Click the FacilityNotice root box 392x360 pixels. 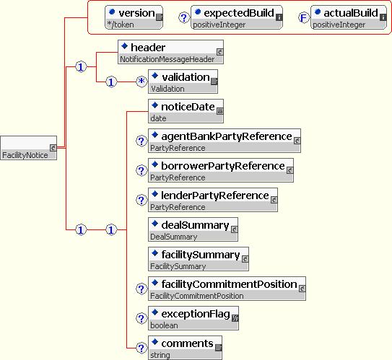pos(28,148)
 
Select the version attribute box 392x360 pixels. pos(134,17)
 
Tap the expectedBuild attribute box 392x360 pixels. pos(237,17)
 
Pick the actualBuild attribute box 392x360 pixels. pos(349,17)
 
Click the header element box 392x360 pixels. pos(170,52)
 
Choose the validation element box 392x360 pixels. pos(183,82)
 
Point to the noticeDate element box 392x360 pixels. pos(186,111)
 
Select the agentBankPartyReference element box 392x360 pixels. pos(225,141)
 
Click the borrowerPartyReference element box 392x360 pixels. pos(221,170)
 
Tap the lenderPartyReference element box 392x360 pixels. pos(213,200)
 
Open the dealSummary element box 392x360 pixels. pos(193,229)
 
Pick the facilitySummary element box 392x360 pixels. pos(199,259)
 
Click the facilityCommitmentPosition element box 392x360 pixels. pos(227,289)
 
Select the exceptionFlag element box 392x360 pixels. pos(193,318)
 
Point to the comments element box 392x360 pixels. pos(185,348)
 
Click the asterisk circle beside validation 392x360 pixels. pos(141,82)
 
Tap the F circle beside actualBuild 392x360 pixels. pos(304,18)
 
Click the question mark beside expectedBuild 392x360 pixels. pos(184,18)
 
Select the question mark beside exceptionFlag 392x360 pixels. pos(141,318)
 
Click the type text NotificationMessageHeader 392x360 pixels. pos(167,59)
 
